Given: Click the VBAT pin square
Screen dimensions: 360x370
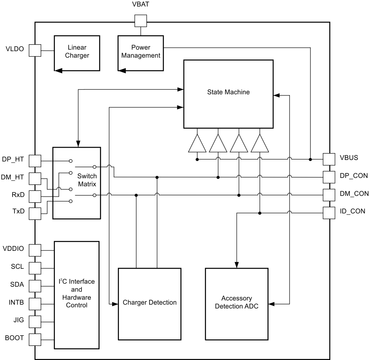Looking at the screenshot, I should point(141,21).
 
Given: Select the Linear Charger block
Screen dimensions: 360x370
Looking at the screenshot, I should point(77,53).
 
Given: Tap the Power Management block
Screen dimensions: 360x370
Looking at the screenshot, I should point(140,53).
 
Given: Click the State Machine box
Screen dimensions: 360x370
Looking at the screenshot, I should point(228,94).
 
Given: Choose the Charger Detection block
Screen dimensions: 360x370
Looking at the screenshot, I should point(149,304).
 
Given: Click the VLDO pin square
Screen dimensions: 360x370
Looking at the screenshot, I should point(35,50).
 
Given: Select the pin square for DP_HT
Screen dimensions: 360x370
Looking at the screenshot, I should point(35,161).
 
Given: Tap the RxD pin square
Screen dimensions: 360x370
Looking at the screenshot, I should point(35,196).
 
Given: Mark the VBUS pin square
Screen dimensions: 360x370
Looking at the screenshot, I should point(329,159).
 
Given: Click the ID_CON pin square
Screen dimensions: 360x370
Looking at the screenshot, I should point(329,213).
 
